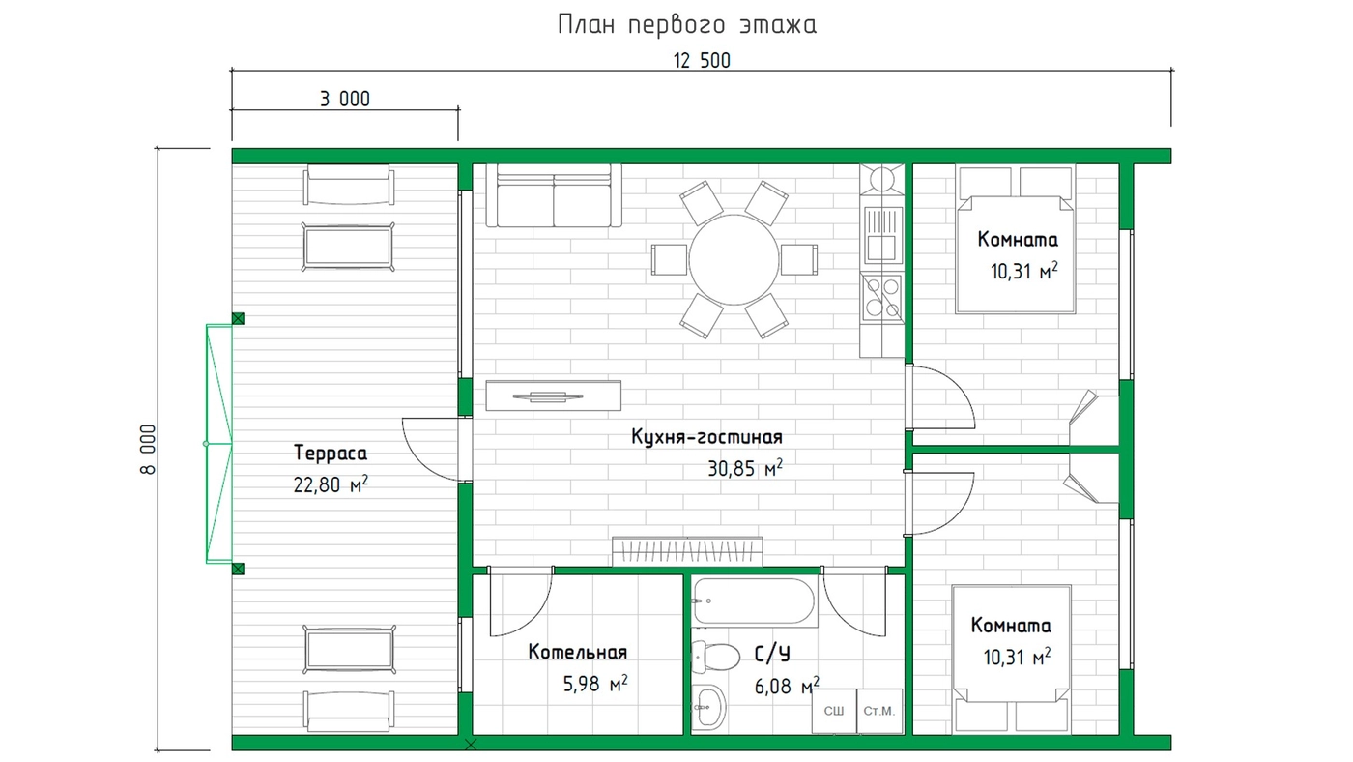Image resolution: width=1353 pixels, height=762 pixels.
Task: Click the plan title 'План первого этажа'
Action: (687, 25)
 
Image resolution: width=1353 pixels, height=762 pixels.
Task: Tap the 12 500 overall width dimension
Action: (702, 61)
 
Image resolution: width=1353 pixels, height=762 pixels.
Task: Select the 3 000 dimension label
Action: (345, 99)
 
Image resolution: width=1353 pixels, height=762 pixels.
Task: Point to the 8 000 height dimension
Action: (149, 449)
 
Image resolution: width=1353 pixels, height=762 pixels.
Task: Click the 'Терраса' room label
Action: (331, 454)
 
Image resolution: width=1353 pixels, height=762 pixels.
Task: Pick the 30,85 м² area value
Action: (745, 468)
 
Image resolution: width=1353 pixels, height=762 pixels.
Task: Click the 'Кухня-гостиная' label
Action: (706, 436)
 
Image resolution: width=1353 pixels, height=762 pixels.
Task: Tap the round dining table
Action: (734, 260)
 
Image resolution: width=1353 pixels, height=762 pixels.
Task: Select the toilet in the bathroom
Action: (716, 657)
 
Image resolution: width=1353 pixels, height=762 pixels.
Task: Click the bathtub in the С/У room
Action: (754, 601)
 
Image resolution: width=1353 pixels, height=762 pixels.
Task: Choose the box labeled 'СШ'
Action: (834, 712)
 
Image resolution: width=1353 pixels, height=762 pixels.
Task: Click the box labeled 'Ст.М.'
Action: (879, 712)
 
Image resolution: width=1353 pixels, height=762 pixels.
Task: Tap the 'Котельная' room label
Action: (578, 652)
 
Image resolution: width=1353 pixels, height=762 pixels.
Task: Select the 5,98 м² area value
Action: (595, 684)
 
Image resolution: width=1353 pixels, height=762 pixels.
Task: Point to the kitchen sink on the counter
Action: (881, 235)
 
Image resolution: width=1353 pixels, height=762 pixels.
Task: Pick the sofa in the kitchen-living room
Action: (554, 195)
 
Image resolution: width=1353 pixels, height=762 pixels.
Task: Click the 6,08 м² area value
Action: (787, 686)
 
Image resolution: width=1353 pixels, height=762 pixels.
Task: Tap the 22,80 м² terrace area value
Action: (331, 484)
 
